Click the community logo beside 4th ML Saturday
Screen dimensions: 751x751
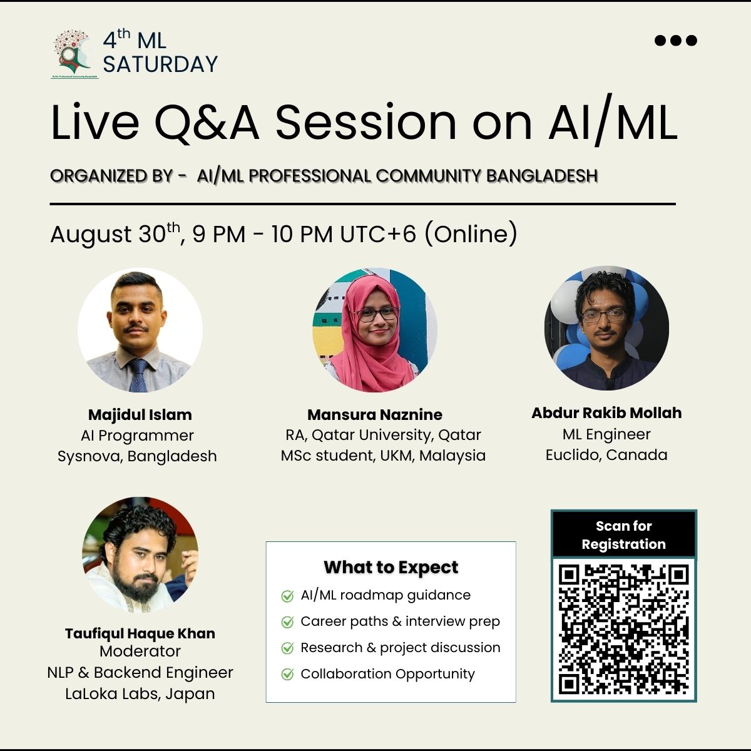74,54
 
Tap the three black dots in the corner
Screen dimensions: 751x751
676,40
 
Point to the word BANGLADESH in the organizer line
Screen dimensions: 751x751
542,176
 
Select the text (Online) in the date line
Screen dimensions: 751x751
471,234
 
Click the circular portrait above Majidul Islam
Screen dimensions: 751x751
140,330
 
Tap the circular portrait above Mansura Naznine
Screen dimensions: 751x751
374,330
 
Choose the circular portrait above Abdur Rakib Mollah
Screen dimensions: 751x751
606,328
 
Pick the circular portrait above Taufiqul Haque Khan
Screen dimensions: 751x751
140,555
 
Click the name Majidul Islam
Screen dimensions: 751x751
140,415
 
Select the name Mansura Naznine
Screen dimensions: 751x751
374,415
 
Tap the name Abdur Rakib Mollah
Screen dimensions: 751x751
606,412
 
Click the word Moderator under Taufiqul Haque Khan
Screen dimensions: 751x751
140,651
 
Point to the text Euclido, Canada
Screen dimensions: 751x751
606,455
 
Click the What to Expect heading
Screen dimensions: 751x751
391,568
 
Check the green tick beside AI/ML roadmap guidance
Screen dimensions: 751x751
287,596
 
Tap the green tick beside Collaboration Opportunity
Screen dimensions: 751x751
287,674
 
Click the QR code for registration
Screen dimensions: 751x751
623,629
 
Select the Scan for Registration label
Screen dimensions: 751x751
623,534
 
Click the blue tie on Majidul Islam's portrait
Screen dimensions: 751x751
138,375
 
